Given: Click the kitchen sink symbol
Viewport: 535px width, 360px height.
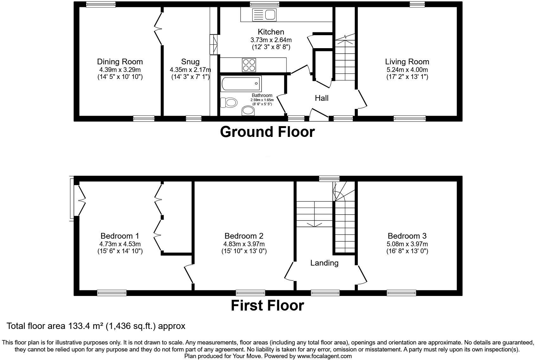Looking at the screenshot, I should [264, 15].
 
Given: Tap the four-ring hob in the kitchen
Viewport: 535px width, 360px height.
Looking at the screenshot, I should [249, 65].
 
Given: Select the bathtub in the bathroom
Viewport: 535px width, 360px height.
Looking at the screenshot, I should [241, 84].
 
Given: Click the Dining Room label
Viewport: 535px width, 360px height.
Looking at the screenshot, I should [120, 62].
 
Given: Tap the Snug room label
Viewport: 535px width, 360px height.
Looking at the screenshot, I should [190, 62].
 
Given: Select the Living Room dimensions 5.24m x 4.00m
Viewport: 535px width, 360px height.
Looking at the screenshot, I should [407, 70].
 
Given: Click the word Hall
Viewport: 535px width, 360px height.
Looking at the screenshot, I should [321, 98].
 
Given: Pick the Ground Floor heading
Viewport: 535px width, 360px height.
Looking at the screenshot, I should [267, 132].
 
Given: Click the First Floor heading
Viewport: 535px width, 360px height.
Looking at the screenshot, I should [267, 305].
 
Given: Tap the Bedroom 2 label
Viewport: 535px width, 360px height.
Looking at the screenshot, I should [244, 236].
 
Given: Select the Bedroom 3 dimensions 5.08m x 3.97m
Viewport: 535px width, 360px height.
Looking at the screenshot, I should [407, 244].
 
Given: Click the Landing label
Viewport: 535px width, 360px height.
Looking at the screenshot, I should [324, 263].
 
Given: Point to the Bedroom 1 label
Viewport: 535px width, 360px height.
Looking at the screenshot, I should [120, 236].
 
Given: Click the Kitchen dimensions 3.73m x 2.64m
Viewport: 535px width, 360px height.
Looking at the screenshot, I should [271, 40].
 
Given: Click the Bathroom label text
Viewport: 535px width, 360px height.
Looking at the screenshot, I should [262, 95].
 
